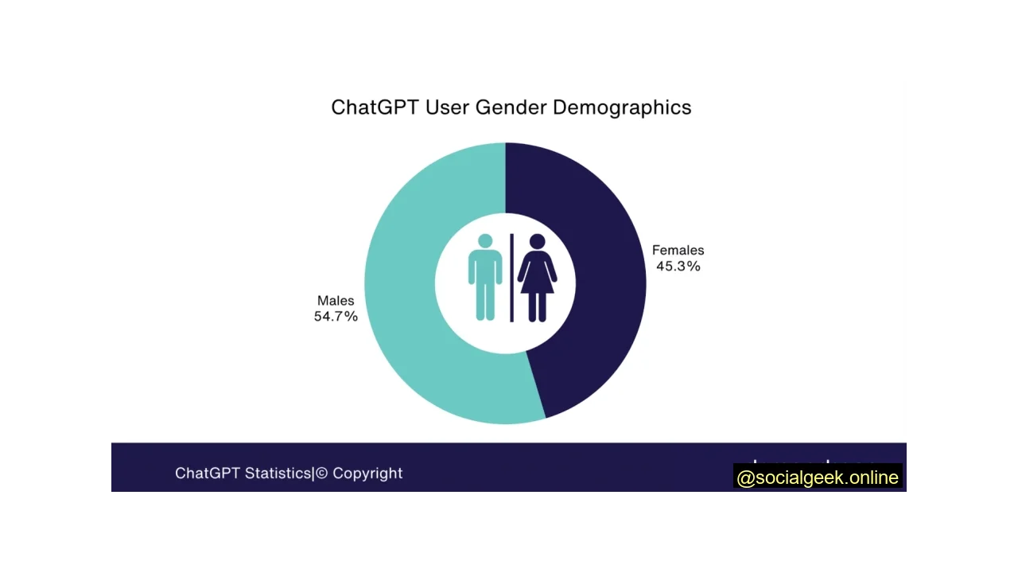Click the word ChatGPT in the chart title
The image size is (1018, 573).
click(375, 107)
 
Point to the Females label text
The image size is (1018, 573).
click(678, 250)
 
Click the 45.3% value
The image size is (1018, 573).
click(678, 267)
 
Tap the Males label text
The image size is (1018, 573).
click(336, 300)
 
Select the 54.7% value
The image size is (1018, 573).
click(336, 317)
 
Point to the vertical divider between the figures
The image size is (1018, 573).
click(511, 279)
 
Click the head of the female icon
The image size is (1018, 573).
click(537, 241)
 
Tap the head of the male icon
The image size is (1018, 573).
click(485, 240)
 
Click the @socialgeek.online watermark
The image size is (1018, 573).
click(818, 477)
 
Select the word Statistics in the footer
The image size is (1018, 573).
click(278, 474)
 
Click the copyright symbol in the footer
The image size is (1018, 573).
click(322, 474)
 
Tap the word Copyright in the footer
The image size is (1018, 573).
click(367, 474)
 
